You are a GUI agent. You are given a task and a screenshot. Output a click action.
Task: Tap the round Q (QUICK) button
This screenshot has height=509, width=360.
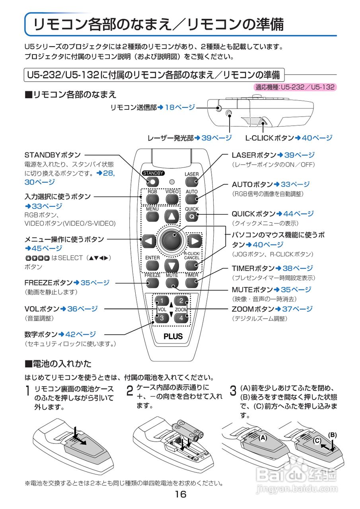191,217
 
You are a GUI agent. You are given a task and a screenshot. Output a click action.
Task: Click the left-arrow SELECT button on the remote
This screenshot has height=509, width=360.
148,241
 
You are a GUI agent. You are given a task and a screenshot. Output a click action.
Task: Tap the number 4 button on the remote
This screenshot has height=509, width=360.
181,318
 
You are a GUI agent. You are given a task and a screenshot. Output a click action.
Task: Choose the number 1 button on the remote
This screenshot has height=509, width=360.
162,301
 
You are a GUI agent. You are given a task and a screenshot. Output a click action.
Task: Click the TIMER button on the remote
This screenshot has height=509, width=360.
191,283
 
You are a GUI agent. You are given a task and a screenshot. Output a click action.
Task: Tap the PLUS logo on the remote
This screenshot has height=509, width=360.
173,336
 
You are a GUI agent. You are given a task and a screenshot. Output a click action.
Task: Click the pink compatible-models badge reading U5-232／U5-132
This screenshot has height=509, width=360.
295,87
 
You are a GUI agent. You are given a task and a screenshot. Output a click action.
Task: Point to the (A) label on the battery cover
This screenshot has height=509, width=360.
262,437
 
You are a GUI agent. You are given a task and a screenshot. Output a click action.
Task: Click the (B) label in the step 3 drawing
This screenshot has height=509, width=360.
332,435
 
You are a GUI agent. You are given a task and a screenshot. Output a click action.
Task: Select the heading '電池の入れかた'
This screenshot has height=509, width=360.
62,363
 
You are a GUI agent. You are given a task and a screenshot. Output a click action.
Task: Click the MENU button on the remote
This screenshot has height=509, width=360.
152,216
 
